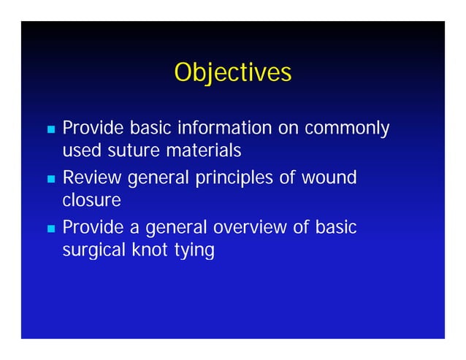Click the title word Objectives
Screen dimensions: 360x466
pyautogui.click(x=232, y=73)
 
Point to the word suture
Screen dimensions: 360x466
pyautogui.click(x=123, y=152)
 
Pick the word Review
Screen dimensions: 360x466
pyautogui.click(x=93, y=177)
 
